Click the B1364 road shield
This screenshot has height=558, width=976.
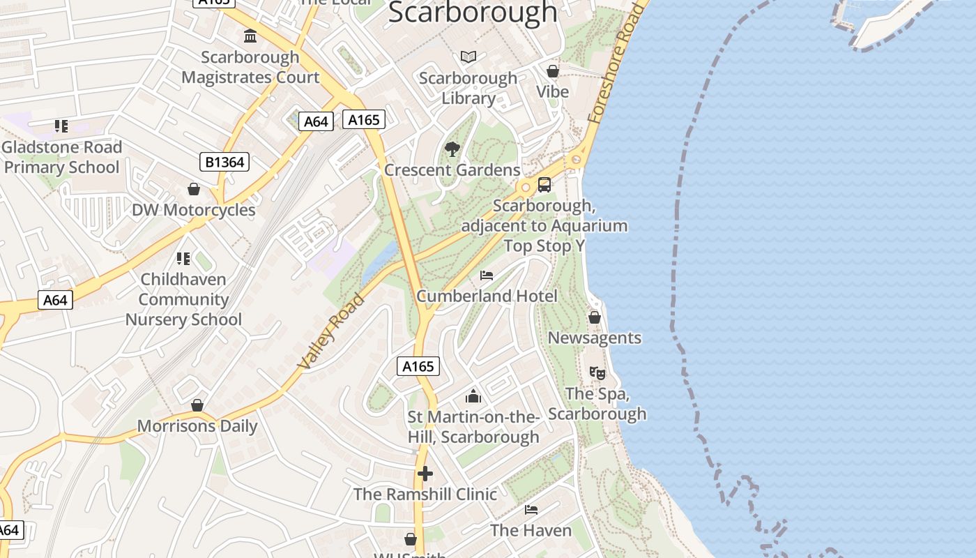click(x=224, y=163)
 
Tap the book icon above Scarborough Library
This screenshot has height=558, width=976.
click(x=468, y=56)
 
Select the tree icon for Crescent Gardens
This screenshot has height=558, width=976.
click(x=452, y=149)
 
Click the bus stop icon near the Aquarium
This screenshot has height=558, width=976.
click(x=544, y=185)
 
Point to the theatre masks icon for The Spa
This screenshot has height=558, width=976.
click(x=597, y=373)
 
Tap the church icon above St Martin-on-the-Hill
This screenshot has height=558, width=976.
click(x=473, y=396)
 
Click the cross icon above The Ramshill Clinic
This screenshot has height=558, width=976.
click(x=425, y=474)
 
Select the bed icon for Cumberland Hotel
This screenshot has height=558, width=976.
click(x=487, y=276)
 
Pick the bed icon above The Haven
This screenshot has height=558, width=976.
click(x=531, y=510)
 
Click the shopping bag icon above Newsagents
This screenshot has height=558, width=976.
click(x=595, y=317)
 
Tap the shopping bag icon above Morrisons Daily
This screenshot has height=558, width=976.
click(x=197, y=405)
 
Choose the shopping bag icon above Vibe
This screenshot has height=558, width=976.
click(x=553, y=71)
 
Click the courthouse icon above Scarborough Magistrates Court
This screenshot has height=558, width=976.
click(x=250, y=36)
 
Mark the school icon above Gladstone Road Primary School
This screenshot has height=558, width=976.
click(x=61, y=126)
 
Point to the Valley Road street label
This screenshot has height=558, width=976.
click(x=331, y=332)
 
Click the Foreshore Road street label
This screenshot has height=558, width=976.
click(x=614, y=64)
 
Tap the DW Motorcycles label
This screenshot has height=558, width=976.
click(x=194, y=210)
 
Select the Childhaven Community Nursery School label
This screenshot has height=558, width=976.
click(x=183, y=299)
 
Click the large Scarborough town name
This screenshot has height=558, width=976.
click(x=473, y=13)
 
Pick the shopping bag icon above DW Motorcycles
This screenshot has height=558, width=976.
click(x=194, y=189)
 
